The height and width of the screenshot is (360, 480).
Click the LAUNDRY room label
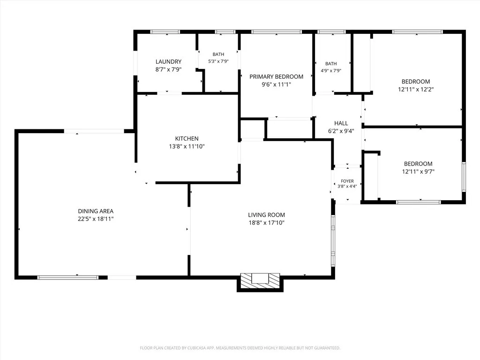coord(168,62)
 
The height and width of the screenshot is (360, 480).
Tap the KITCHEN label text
coord(187,139)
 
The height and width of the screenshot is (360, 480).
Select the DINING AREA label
coord(96,211)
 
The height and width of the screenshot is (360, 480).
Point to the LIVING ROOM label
coord(266,215)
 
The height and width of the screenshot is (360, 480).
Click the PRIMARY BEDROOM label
coord(276,77)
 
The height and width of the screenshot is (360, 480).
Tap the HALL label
coord(341,123)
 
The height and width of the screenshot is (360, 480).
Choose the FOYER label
coord(347,181)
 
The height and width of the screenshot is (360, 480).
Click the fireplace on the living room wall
coord(260,281)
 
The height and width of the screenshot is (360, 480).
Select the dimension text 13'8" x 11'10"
coord(187,146)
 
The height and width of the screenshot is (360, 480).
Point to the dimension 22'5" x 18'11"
coord(96,219)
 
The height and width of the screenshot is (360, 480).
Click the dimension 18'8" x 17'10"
coord(266,223)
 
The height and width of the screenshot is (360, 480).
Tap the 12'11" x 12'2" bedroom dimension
coord(416,90)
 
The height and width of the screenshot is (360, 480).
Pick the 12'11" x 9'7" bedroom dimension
coord(418,172)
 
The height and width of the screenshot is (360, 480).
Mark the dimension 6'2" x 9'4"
coord(341,131)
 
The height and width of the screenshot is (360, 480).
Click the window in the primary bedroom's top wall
coord(277,32)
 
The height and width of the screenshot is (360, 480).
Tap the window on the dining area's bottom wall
coord(67,277)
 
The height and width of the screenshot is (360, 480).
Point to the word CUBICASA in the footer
coord(197,348)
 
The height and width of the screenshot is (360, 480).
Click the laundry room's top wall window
coord(165,32)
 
